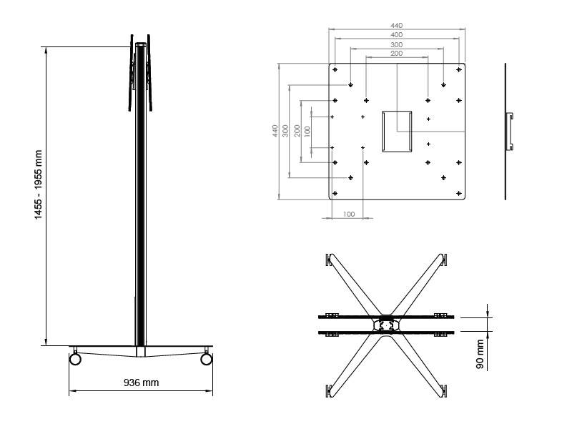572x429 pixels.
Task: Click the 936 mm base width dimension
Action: [x=141, y=383]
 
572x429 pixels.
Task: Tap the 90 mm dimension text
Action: [x=480, y=355]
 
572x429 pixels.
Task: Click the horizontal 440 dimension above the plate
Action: [x=397, y=25]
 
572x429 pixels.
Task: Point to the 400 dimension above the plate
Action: [x=397, y=34]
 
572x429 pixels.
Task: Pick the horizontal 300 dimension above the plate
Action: [x=397, y=44]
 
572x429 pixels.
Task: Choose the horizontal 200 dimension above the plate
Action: [x=397, y=54]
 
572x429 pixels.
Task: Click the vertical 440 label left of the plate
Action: [x=275, y=131]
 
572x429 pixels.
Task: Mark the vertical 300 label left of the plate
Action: [x=285, y=131]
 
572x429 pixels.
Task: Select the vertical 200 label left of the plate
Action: [x=297, y=131]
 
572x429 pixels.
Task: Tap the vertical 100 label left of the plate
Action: [x=307, y=132]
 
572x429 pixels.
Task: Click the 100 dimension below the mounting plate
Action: [x=348, y=214]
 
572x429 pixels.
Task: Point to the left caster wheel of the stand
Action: [x=75, y=358]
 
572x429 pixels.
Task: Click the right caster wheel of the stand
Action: [x=207, y=358]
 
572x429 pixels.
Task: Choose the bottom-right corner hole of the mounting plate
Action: [x=458, y=192]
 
